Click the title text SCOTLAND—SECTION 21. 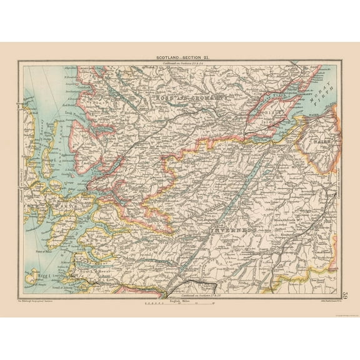pos(180,57)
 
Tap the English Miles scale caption pos(180,300)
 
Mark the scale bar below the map pos(180,304)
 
